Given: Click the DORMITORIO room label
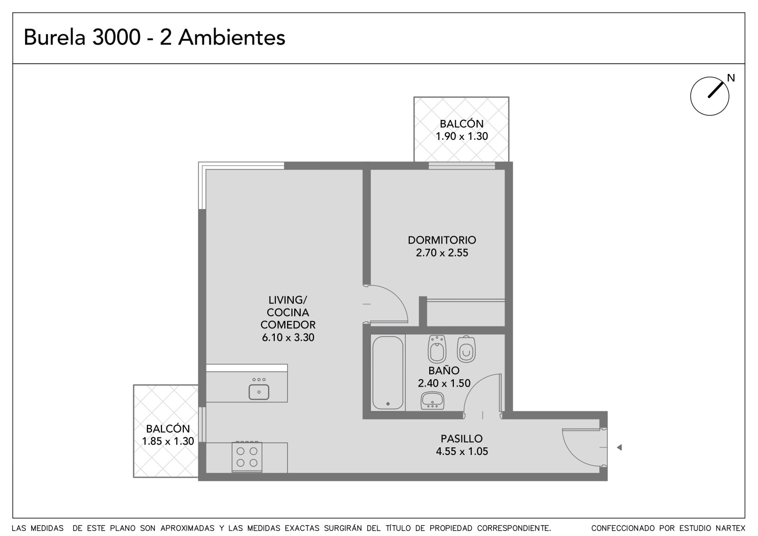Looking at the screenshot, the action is (442, 240).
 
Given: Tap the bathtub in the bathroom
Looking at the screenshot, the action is (388, 372).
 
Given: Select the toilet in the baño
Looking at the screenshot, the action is (466, 349).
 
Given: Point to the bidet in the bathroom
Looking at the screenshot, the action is (437, 349).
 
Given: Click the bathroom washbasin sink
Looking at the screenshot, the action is (433, 400).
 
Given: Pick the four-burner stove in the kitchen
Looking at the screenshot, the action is (247, 457).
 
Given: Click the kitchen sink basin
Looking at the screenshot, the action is (259, 392).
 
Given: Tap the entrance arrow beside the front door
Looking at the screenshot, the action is (619, 447).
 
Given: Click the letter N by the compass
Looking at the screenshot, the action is (731, 78).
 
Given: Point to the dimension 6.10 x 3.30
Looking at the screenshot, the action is (288, 337).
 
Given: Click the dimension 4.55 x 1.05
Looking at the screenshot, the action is (462, 451).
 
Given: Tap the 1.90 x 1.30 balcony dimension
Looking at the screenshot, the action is (461, 136).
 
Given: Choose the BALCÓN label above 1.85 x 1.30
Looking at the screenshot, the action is (168, 429).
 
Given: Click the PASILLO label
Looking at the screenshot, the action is (461, 439).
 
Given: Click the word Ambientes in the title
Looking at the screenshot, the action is (232, 37).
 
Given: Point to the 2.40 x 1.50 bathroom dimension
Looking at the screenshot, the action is (444, 383).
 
